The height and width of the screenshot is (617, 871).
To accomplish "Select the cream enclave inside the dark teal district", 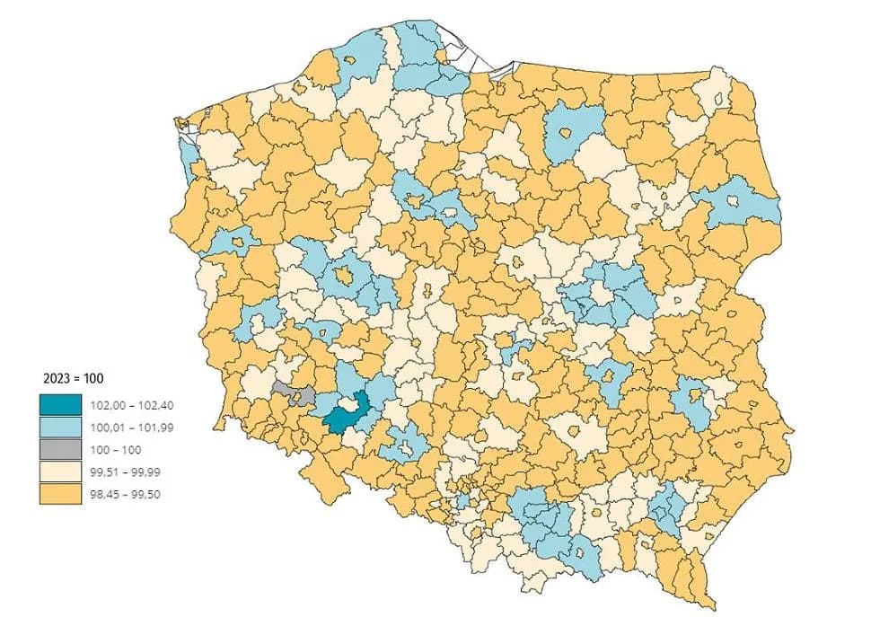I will [x=346, y=408].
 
